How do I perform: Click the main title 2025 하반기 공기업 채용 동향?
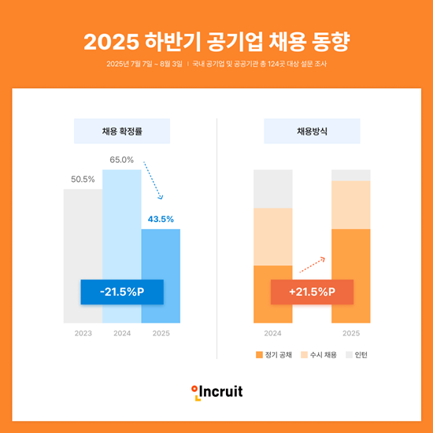click(216, 39)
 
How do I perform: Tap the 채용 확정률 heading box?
click(121, 131)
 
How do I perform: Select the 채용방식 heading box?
click(312, 131)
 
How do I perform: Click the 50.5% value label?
click(83, 179)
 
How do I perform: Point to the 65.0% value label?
click(121, 160)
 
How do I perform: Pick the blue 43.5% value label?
click(161, 219)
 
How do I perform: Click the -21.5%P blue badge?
click(121, 292)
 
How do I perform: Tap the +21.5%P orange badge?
click(312, 292)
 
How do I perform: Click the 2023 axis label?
click(83, 334)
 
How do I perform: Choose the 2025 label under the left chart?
click(161, 334)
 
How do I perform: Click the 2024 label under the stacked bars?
click(272, 334)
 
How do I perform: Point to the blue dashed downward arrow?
click(154, 181)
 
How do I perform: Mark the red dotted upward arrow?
click(313, 263)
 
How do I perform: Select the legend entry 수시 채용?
click(319, 355)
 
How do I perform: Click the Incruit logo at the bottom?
click(216, 391)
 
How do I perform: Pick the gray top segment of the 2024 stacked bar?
click(272, 188)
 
